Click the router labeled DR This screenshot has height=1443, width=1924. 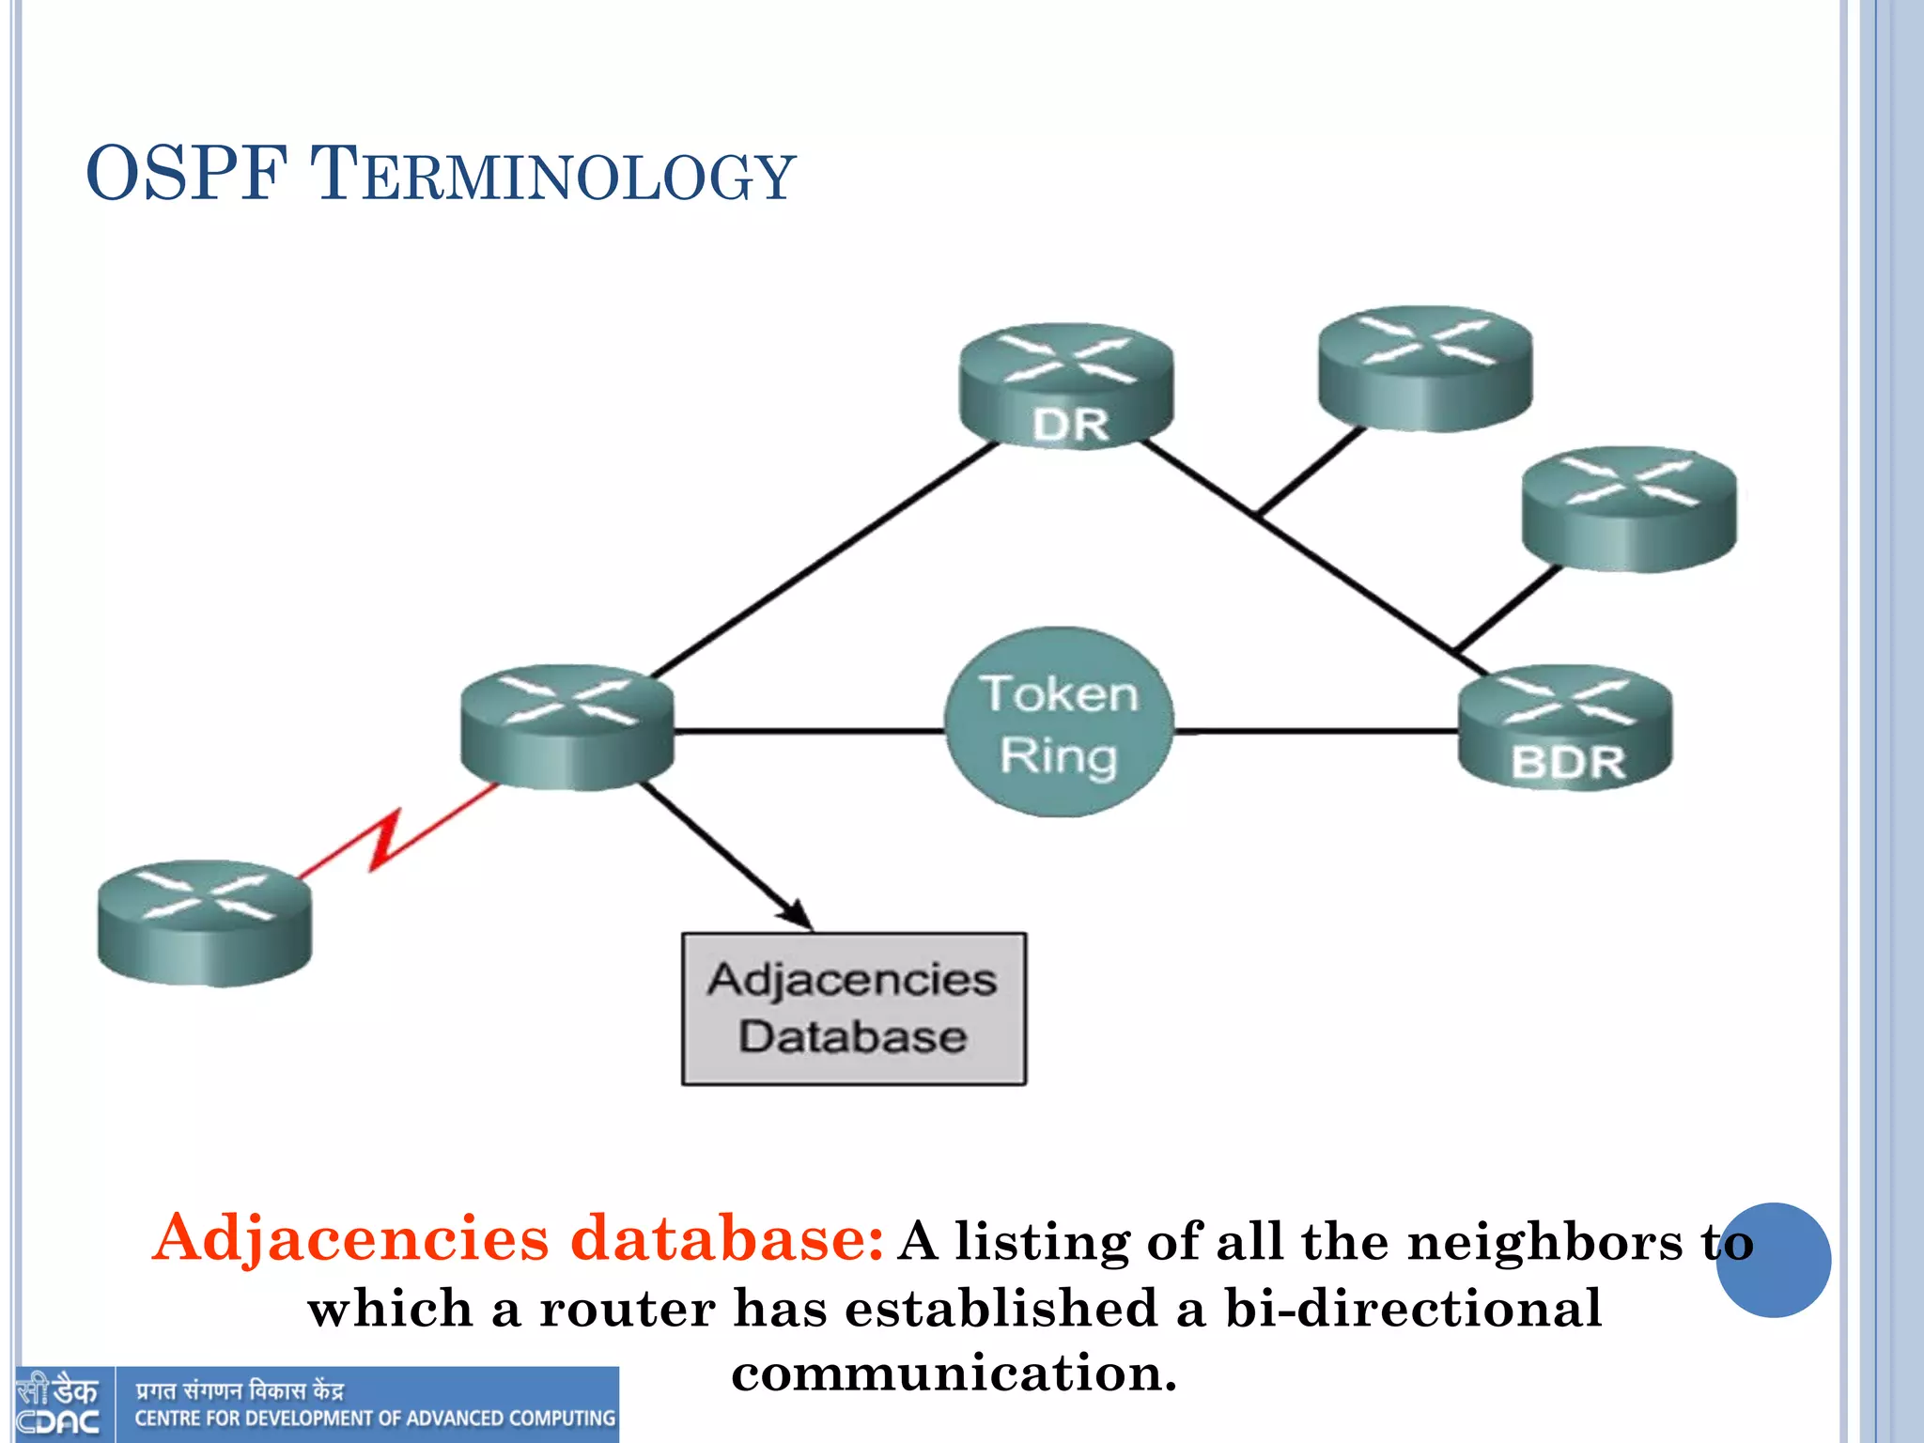(1066, 385)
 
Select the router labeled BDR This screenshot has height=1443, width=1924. (1565, 728)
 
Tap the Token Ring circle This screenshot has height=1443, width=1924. (1059, 722)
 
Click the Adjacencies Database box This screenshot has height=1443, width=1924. (853, 1009)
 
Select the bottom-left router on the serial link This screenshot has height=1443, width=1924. (205, 923)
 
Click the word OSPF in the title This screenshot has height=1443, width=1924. (186, 174)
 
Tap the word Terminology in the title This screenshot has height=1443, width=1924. (552, 176)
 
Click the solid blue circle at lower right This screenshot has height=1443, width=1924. (1773, 1260)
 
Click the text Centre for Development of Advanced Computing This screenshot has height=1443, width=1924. (375, 1419)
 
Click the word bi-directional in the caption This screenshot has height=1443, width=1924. (1413, 1309)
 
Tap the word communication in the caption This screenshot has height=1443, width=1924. (953, 1373)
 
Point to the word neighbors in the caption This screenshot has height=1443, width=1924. (1544, 1242)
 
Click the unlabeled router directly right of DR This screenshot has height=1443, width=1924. (1425, 368)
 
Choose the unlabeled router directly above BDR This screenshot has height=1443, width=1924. (1629, 508)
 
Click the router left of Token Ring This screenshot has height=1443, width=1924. (567, 727)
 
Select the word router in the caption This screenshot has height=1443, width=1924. (628, 1309)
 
